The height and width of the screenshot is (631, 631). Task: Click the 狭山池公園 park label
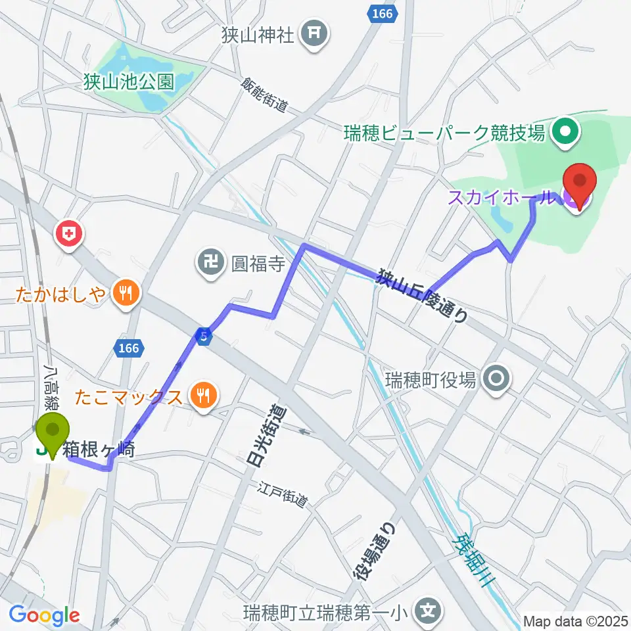(129, 82)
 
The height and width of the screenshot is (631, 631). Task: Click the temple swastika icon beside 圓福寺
(208, 264)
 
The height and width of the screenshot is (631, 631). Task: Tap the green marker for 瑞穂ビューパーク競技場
(565, 133)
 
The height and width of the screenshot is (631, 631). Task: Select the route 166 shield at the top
(379, 13)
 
